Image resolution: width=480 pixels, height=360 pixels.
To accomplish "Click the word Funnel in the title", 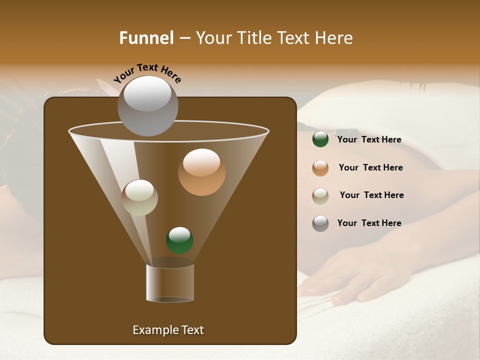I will pos(146,37).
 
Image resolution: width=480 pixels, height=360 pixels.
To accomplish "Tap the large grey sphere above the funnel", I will pos(148,105).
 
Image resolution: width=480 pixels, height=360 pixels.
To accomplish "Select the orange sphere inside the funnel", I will pos(202,172).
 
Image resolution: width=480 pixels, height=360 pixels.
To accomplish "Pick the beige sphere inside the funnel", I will pos(140,197).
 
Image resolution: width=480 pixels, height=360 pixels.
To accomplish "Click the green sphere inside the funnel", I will pos(179,240).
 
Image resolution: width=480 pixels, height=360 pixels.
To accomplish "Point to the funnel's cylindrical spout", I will pos(170,283).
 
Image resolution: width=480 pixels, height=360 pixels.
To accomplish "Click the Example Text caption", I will pos(168,330).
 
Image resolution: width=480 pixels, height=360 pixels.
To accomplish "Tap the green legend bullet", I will pos(320,139).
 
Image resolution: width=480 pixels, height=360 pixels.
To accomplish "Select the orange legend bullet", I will pos(320,168).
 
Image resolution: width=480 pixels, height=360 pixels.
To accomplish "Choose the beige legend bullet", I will pos(320,196).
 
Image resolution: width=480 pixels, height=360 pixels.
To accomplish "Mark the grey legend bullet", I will pos(320,223).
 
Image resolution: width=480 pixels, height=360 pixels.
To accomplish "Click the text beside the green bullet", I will pos(369,139).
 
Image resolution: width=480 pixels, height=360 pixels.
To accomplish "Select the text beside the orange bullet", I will pos(370,167).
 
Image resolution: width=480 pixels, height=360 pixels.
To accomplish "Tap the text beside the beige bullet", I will pos(371,195).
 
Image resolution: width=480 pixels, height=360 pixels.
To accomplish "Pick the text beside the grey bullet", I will pos(369,223).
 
